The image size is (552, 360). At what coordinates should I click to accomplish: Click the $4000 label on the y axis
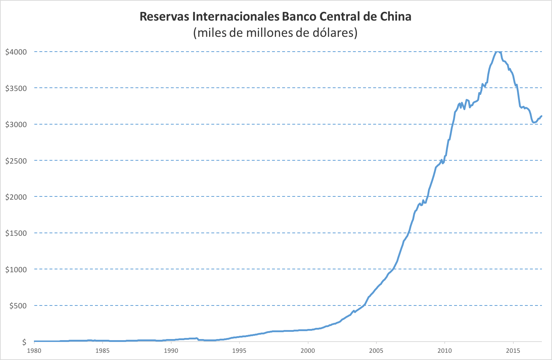[x=16, y=52]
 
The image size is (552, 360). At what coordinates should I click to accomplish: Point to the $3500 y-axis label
[x=16, y=88]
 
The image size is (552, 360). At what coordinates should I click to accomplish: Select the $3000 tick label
[x=16, y=125]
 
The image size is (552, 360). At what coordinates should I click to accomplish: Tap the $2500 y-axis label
[x=16, y=161]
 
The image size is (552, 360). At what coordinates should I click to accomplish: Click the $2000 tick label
[x=16, y=197]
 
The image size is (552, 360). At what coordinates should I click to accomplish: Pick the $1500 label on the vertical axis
[x=16, y=233]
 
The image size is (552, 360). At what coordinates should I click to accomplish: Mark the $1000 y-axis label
[x=16, y=270]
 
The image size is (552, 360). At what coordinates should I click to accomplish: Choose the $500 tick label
[x=18, y=306]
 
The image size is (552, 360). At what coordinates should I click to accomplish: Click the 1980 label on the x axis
[x=34, y=351]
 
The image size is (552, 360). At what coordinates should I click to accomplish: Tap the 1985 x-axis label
[x=103, y=351]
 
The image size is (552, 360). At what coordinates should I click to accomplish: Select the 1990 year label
[x=171, y=351]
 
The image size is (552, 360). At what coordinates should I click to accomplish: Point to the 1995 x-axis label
[x=240, y=351]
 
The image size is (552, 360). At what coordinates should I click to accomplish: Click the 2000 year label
[x=308, y=351]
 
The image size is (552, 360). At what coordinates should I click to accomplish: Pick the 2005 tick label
[x=376, y=351]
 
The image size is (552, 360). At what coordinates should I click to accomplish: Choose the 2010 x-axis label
[x=445, y=351]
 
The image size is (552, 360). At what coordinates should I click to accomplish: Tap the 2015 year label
[x=513, y=351]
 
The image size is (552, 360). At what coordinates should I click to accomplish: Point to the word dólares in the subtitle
[x=332, y=33]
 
